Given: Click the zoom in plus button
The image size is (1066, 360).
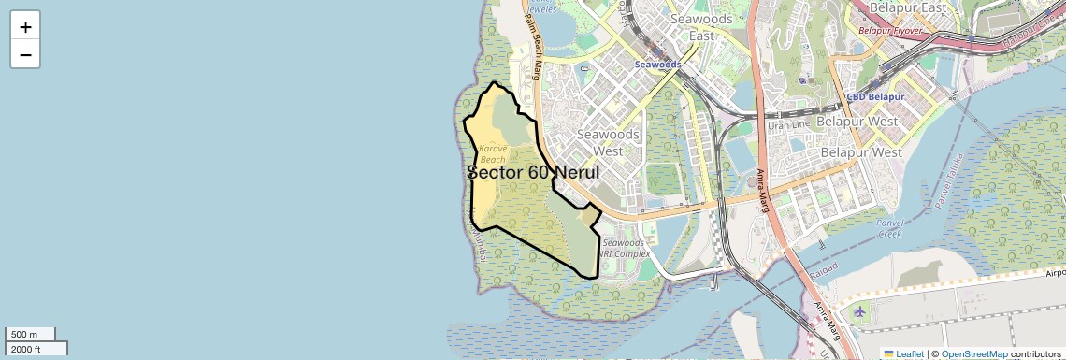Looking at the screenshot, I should click(x=25, y=26).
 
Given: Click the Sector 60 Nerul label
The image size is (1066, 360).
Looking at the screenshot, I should click(x=533, y=173).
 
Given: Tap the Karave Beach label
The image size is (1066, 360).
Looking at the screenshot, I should click(x=493, y=153).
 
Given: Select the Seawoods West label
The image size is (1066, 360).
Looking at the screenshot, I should click(x=608, y=142).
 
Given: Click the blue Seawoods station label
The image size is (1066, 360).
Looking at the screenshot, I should click(x=658, y=65).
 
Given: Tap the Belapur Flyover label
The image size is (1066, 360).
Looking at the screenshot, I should click(x=890, y=31).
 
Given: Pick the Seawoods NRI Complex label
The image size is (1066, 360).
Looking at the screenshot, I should click(x=625, y=248).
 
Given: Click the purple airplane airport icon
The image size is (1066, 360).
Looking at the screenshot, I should click(x=859, y=311).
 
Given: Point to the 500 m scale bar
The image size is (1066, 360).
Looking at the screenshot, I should click(x=30, y=334).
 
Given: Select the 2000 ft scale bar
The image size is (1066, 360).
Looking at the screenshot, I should click(x=36, y=349).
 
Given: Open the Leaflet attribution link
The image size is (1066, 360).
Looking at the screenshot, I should click(x=903, y=353).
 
